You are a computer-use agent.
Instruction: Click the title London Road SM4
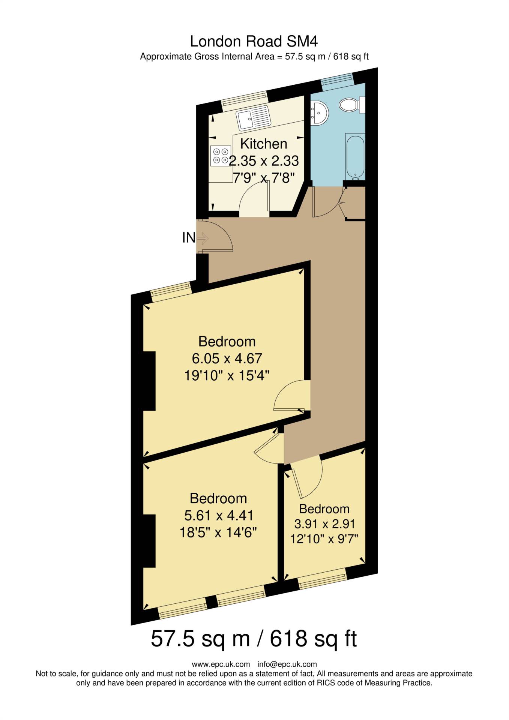[x=254, y=41]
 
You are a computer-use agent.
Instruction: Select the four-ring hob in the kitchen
[x=220, y=156]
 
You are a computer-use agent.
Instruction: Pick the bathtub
[x=354, y=157]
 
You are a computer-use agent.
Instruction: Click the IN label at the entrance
[x=189, y=237]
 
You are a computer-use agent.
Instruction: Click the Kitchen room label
[x=263, y=144]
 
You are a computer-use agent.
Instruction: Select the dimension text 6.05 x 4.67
[x=227, y=358]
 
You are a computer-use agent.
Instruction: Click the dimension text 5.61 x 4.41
[x=219, y=515]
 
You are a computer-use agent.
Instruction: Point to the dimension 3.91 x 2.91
[x=324, y=523]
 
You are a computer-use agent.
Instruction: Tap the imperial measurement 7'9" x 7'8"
[x=261, y=177]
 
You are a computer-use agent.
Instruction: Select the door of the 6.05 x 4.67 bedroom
[x=291, y=396]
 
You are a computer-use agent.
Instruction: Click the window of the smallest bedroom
[x=322, y=579]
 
